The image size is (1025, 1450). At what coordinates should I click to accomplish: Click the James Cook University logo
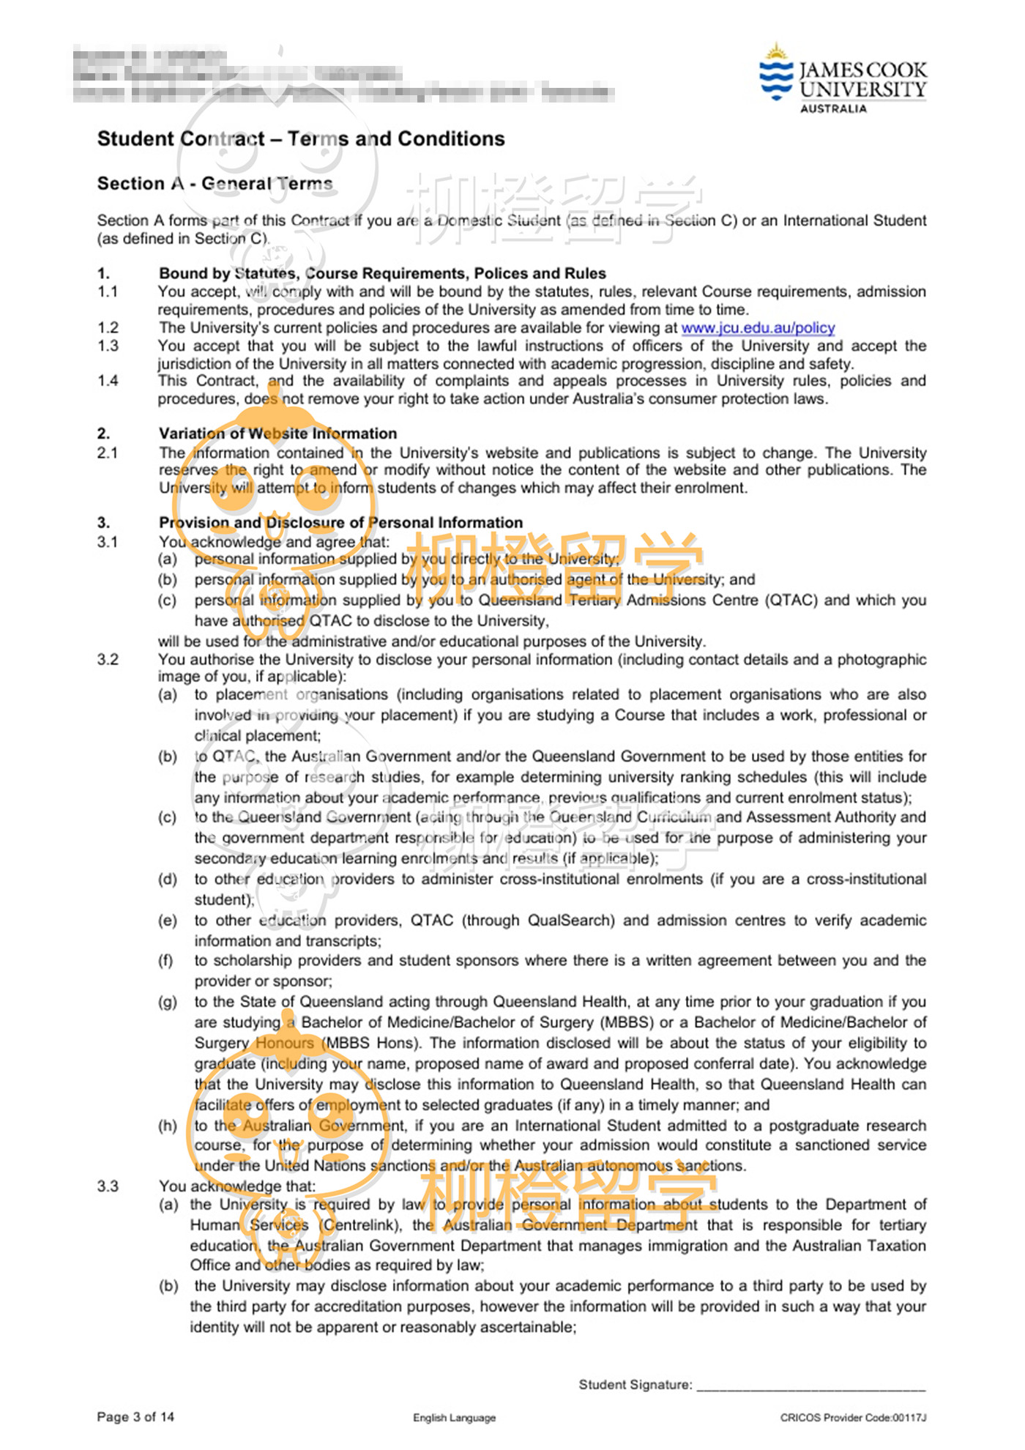(842, 79)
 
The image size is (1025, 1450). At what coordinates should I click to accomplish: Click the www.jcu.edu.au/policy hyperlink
(758, 328)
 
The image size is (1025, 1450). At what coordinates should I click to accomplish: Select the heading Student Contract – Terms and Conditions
(301, 139)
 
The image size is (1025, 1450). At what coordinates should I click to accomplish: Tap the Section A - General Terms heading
(215, 184)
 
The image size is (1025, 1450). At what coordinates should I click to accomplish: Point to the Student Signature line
(810, 1386)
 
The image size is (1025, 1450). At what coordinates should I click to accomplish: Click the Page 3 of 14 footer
(135, 1417)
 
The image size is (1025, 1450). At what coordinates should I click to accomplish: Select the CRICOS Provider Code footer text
(853, 1418)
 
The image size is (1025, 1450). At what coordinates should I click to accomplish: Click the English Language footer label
(454, 1418)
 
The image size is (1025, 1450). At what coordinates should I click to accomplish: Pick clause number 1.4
(108, 381)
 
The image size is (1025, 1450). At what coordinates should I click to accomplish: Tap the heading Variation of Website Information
(277, 434)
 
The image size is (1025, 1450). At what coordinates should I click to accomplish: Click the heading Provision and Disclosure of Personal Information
(340, 523)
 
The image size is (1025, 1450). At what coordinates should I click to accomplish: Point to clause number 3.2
(108, 660)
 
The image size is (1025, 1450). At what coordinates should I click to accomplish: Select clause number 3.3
(108, 1186)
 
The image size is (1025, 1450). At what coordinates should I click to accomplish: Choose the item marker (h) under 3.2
(168, 1126)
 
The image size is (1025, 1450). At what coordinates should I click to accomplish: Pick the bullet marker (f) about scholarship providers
(166, 961)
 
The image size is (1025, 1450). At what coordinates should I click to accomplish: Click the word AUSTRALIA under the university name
(833, 109)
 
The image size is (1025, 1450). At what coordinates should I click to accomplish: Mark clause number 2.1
(108, 453)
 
